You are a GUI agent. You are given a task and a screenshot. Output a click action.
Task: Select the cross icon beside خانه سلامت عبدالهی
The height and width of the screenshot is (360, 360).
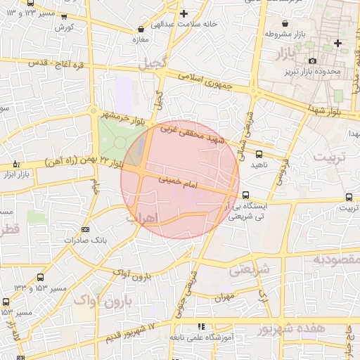[x=184, y=13]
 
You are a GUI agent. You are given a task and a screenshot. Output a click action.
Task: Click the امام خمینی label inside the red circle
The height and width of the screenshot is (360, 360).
[x=180, y=182]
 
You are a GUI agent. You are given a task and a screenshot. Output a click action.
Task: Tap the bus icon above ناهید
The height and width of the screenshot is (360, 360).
[x=259, y=154]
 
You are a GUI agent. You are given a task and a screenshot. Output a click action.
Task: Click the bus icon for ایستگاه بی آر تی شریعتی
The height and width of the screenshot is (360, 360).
[x=245, y=195]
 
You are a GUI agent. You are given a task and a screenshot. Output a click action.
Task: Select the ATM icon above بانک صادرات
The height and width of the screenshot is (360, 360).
[x=85, y=229]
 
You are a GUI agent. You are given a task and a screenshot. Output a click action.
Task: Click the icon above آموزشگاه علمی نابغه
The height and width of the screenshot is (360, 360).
[x=202, y=326]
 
